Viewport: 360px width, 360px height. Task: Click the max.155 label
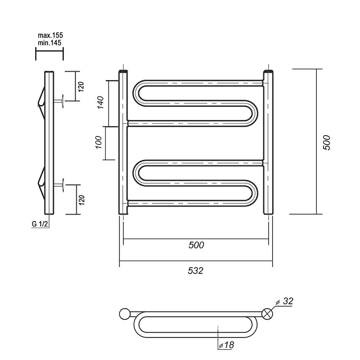[x=50, y=35]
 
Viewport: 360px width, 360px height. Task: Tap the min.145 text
[x=50, y=43]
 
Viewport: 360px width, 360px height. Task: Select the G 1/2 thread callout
[x=40, y=224]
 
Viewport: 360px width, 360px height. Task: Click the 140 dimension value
[x=100, y=102]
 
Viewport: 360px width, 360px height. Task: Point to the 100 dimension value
[x=99, y=142]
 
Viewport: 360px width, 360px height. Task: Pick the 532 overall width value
[x=195, y=271]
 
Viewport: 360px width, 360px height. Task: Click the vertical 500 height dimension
[x=327, y=143]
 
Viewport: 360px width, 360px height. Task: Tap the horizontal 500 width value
[x=196, y=245]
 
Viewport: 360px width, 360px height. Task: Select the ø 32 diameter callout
[x=285, y=301]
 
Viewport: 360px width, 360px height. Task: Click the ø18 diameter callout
[x=226, y=345]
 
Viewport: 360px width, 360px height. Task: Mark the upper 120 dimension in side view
[x=81, y=87]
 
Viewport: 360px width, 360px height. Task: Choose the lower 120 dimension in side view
[x=82, y=200]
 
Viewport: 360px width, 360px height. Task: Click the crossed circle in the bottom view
[x=267, y=314]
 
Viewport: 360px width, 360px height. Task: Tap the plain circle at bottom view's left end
[x=125, y=314]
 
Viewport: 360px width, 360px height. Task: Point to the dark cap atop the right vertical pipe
[x=269, y=71]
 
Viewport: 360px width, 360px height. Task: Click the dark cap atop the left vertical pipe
[x=123, y=71]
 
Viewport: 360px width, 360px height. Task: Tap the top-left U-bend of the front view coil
[x=136, y=94]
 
